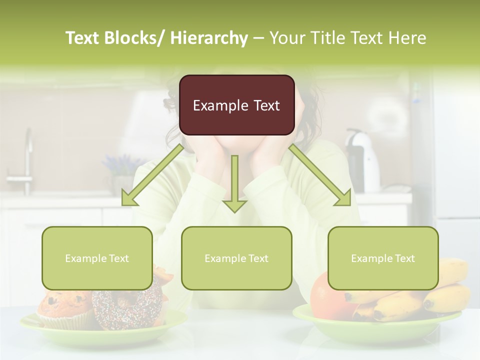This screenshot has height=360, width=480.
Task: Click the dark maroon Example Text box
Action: pyautogui.click(x=236, y=105)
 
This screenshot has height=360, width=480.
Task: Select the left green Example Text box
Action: pyautogui.click(x=97, y=258)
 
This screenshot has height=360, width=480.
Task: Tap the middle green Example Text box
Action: pyautogui.click(x=236, y=258)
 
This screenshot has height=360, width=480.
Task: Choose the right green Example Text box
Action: pyautogui.click(x=383, y=258)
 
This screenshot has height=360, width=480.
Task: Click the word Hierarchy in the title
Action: pyautogui.click(x=209, y=38)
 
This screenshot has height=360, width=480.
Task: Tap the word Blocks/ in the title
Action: pyautogui.click(x=135, y=38)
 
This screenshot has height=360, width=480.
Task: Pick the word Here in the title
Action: pyautogui.click(x=407, y=38)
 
